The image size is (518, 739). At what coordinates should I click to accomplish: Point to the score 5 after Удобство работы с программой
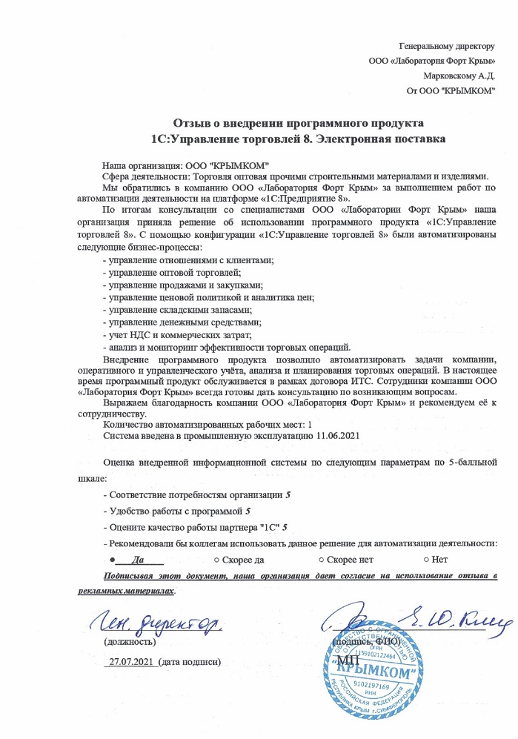(x=248, y=511)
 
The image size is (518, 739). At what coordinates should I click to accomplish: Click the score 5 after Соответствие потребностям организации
(x=288, y=494)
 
